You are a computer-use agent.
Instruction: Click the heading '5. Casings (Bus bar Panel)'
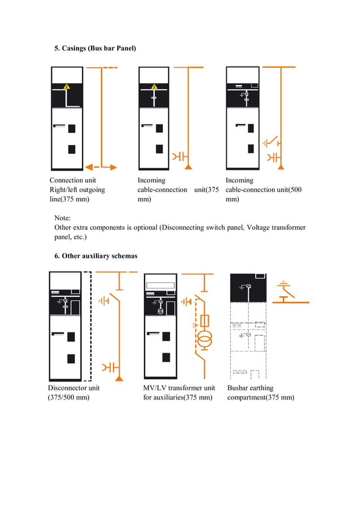(x=95, y=49)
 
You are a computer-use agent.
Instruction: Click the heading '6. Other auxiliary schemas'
(x=95, y=256)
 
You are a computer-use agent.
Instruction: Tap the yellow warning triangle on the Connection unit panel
(x=67, y=87)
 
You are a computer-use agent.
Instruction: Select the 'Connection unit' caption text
(x=73, y=181)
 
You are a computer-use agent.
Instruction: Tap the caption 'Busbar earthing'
(x=250, y=388)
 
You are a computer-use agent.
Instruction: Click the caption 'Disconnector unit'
(x=74, y=388)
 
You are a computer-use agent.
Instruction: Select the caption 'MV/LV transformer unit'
(x=179, y=388)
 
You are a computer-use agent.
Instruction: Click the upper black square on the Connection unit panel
(x=72, y=129)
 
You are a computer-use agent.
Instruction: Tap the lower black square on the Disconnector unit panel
(x=71, y=358)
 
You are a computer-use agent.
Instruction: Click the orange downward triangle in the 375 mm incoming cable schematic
(x=188, y=167)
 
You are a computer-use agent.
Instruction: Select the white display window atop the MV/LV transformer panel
(x=162, y=286)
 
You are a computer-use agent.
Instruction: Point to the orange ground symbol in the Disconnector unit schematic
(x=104, y=301)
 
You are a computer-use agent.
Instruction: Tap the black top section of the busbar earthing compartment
(x=248, y=288)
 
